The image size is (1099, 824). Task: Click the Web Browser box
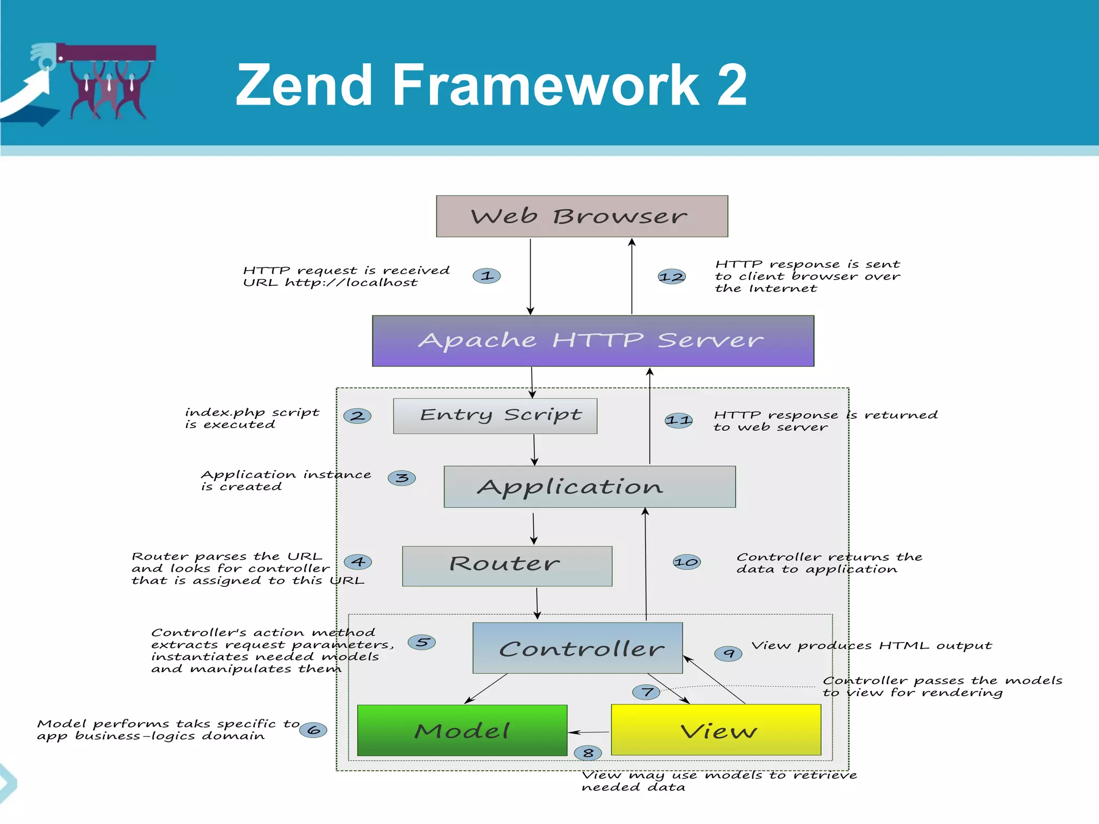(582, 216)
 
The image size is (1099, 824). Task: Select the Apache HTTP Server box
(593, 341)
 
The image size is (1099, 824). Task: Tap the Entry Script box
(495, 416)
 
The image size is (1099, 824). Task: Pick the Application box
(589, 487)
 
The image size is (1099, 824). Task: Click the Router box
(507, 566)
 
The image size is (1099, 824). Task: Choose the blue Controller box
(577, 648)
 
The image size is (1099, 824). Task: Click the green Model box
(462, 730)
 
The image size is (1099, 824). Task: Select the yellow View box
(716, 730)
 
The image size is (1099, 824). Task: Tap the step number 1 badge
(487, 276)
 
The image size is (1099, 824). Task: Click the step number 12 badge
(671, 277)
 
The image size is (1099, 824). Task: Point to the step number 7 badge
(647, 692)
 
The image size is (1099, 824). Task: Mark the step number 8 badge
(588, 753)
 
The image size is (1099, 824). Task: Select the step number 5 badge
(422, 642)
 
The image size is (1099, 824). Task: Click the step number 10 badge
(686, 562)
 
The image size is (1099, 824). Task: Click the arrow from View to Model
(589, 732)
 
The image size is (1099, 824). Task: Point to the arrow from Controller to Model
(486, 689)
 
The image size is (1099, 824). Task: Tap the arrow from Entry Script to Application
(534, 450)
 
